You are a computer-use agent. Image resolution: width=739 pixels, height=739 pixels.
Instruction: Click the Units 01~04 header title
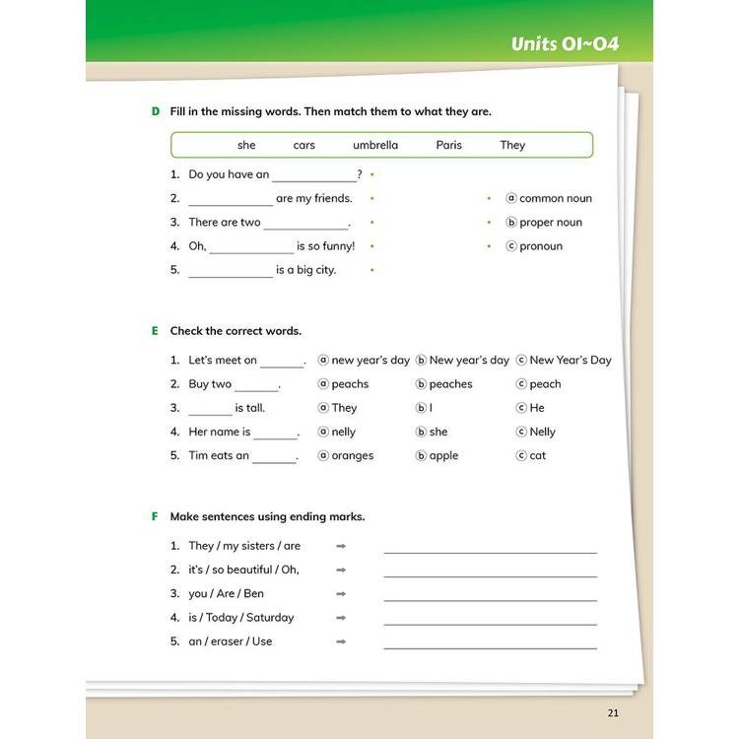(x=565, y=44)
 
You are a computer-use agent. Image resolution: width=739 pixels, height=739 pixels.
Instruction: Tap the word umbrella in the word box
(x=375, y=145)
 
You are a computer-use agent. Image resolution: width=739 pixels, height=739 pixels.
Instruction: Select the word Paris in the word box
(x=448, y=145)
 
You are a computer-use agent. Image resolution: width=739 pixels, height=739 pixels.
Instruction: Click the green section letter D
(x=155, y=111)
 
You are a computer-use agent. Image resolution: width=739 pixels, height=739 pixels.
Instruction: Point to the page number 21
(x=614, y=713)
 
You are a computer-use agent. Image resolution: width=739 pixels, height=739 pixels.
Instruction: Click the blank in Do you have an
(x=314, y=175)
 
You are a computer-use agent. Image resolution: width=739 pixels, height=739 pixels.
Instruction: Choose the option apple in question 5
(x=443, y=456)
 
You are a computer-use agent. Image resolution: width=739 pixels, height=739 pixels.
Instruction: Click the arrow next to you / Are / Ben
(x=341, y=594)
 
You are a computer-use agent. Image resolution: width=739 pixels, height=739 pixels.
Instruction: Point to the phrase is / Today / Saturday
(x=240, y=618)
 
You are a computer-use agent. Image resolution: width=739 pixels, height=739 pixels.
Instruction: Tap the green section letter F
(x=155, y=516)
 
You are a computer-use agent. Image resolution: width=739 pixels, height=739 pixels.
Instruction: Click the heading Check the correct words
(x=235, y=331)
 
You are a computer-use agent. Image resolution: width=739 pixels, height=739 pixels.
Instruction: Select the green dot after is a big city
(x=371, y=270)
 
